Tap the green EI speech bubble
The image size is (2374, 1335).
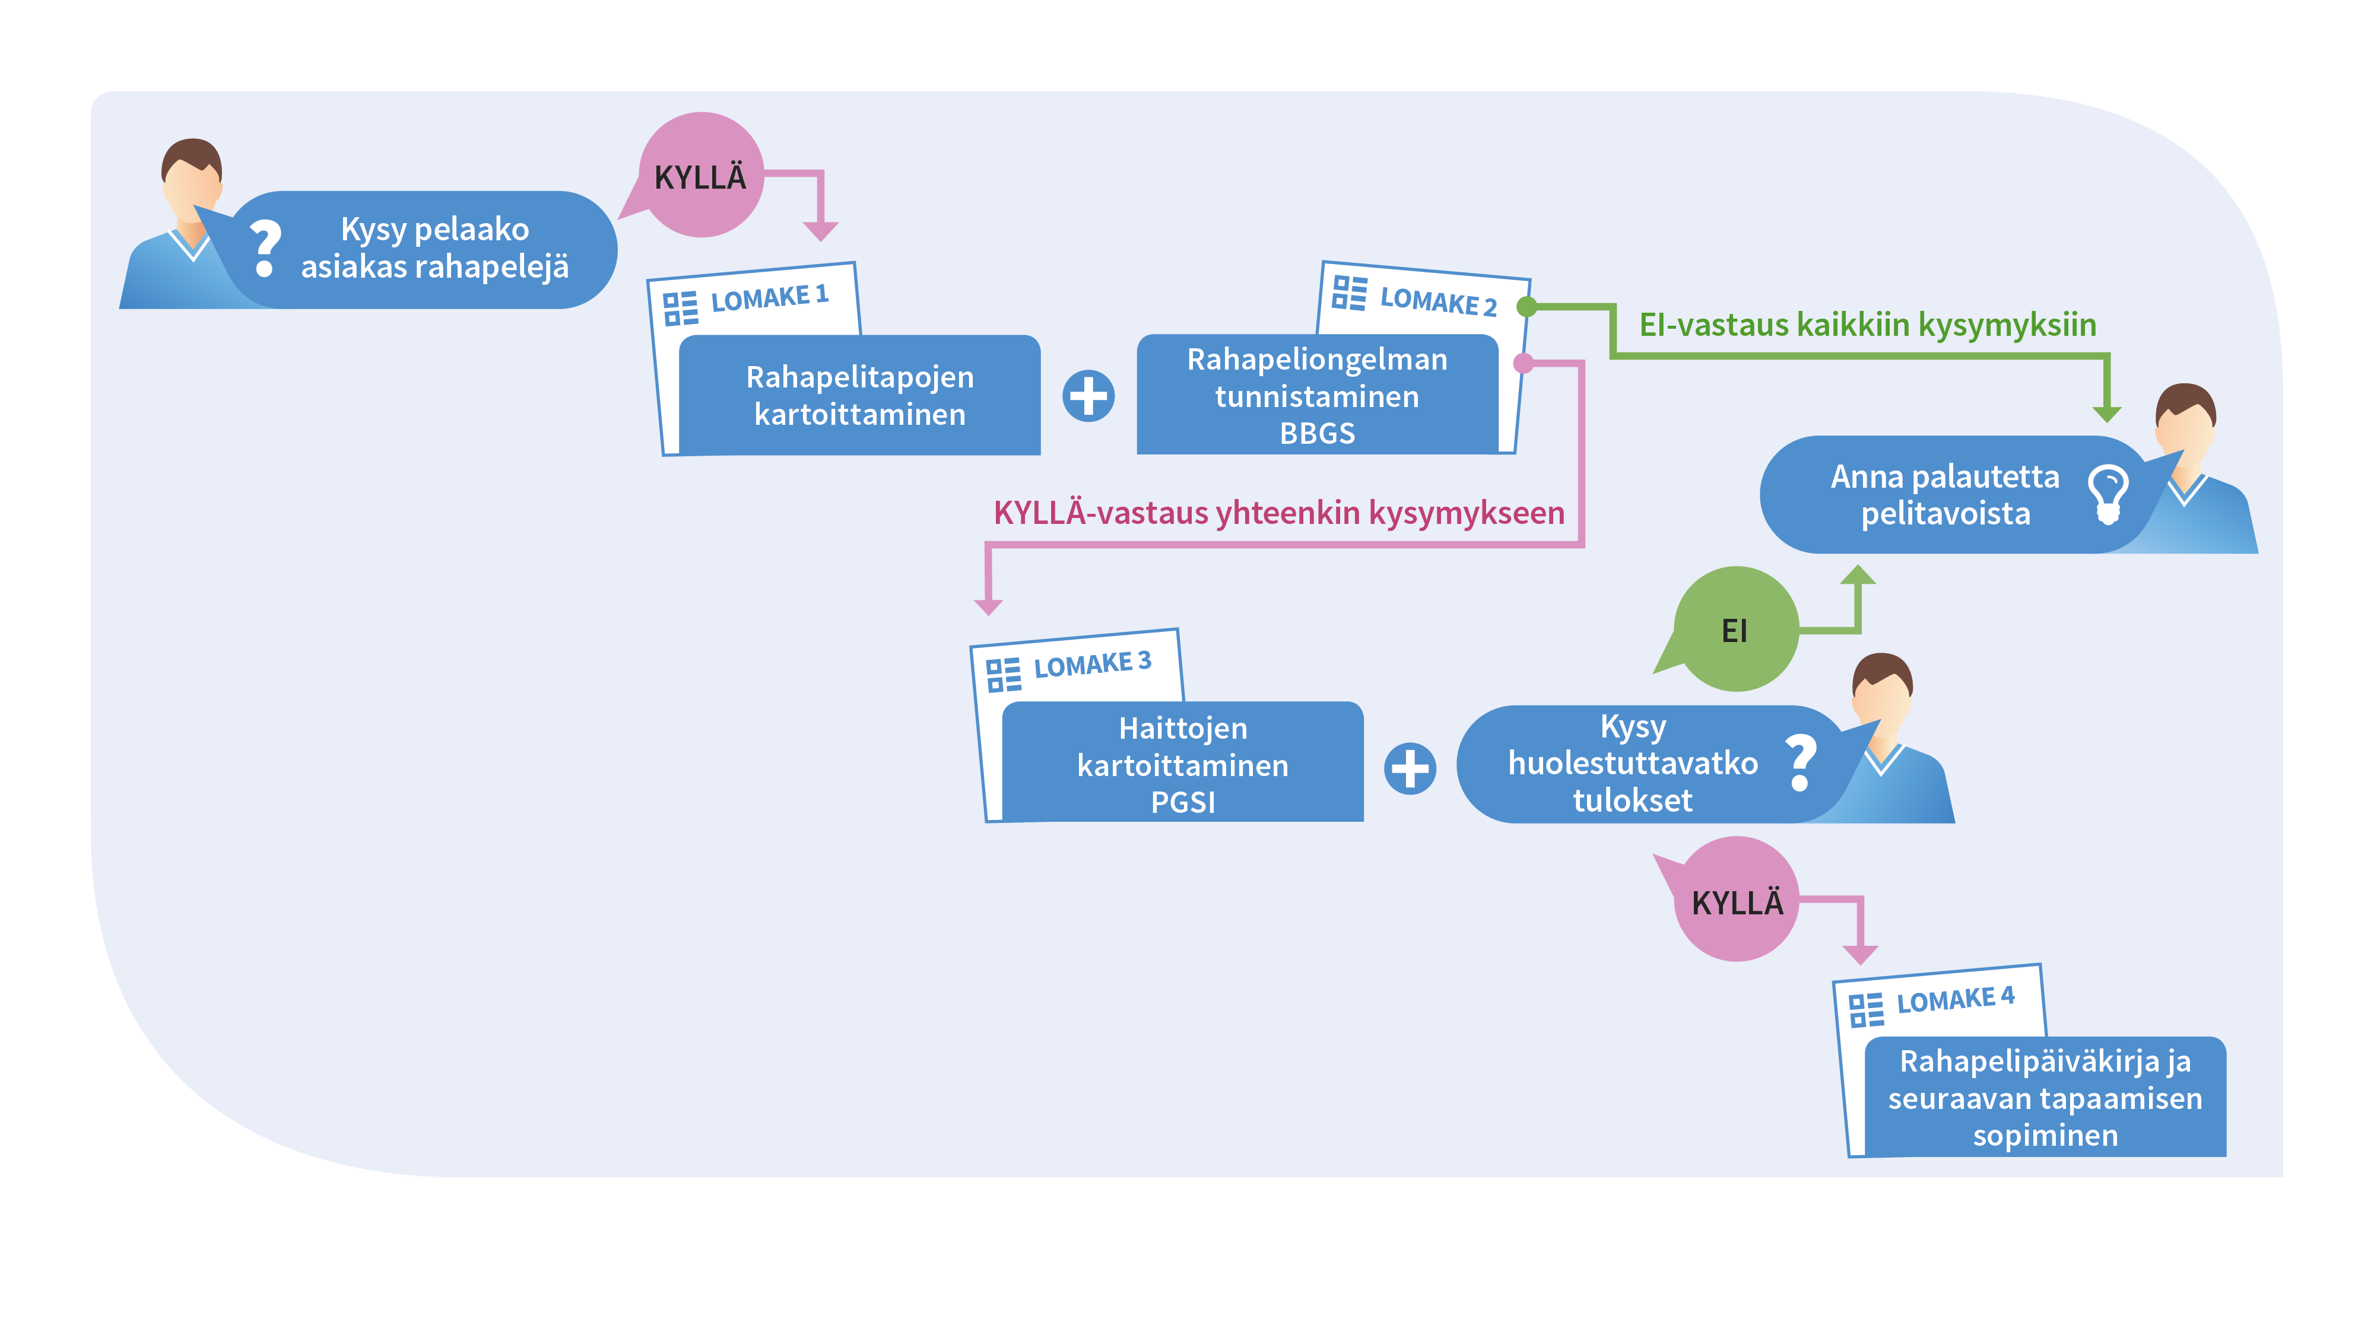coord(1734,630)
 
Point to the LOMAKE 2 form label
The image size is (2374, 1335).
coord(1437,300)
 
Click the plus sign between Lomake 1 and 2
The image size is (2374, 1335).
coord(1088,396)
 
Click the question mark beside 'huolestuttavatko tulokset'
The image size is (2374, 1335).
coord(1801,762)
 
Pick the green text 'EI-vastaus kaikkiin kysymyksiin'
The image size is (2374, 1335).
coord(1867,325)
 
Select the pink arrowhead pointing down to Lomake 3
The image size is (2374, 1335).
coord(988,606)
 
